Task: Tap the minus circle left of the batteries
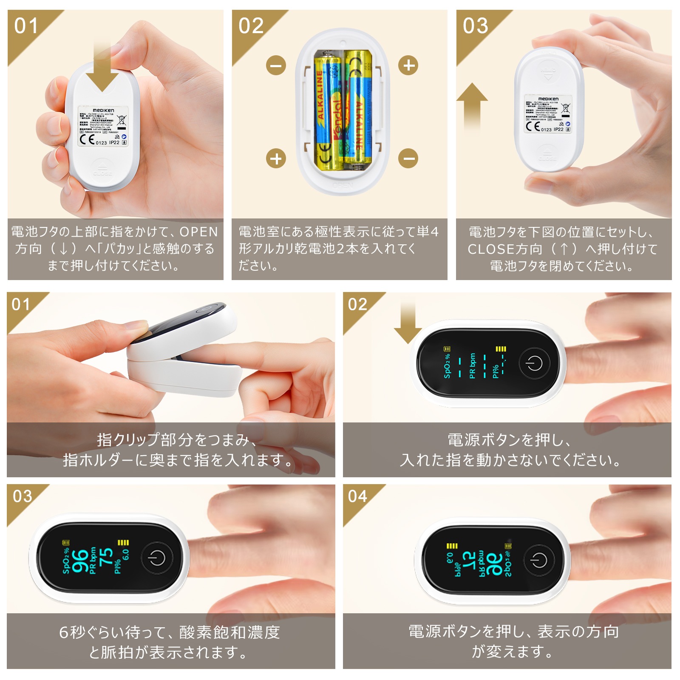276,65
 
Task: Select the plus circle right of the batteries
408,65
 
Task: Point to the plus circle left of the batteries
276,159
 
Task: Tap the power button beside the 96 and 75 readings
157,558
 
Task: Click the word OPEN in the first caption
198,232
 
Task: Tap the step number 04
357,496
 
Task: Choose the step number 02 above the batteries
251,26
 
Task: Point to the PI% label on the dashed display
496,371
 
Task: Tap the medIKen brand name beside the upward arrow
548,99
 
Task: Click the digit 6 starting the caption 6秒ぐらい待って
64,632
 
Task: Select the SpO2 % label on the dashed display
447,366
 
